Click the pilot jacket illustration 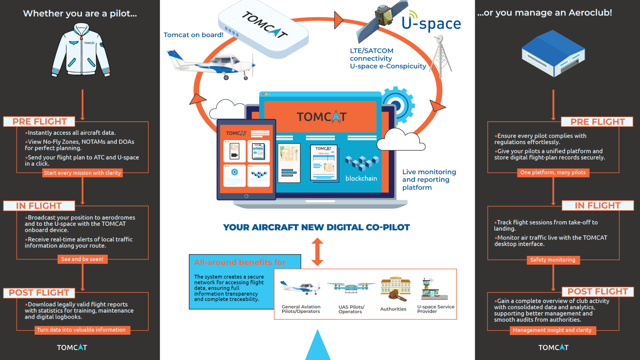[81, 51]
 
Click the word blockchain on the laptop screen [361, 178]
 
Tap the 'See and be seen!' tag [82, 259]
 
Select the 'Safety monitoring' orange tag [553, 260]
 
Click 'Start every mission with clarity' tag [82, 173]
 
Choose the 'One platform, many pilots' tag [553, 172]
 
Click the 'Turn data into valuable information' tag [81, 330]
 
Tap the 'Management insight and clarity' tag [552, 330]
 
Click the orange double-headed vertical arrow [317, 252]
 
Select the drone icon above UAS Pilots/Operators [351, 287]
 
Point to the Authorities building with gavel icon [395, 289]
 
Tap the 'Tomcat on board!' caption [193, 35]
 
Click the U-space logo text [431, 24]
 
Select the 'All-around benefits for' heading [240, 262]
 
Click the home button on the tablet [246, 196]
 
